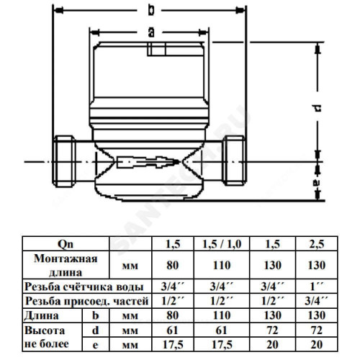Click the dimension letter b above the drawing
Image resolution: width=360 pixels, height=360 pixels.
click(151, 10)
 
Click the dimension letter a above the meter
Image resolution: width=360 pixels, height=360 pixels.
click(151, 32)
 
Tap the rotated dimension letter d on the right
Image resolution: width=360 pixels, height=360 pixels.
click(318, 107)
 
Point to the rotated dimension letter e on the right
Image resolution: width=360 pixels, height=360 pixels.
click(318, 183)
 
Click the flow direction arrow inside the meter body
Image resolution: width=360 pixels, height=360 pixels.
click(148, 162)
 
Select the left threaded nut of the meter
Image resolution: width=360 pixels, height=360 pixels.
click(64, 161)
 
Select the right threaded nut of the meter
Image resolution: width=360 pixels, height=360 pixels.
click(234, 161)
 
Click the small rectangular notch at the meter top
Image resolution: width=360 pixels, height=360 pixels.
click(156, 49)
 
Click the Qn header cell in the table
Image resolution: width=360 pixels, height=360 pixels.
click(66, 244)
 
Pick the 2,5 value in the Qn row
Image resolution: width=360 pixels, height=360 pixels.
click(317, 244)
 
